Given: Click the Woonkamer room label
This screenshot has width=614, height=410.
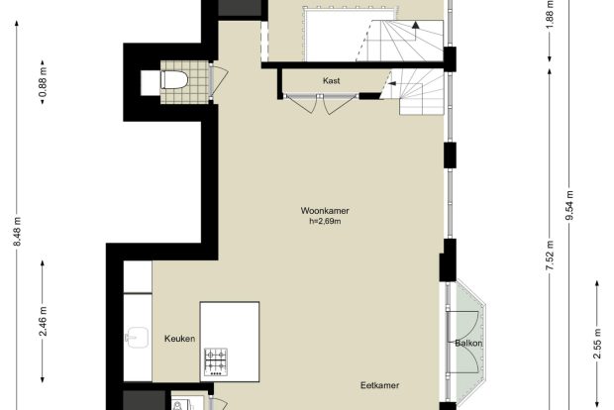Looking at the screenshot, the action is click(325, 211).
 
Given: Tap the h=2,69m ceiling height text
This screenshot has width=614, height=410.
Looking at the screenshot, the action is click(325, 221).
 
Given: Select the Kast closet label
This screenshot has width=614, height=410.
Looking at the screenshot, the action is click(332, 80).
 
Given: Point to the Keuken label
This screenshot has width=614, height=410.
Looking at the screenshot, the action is click(179, 339).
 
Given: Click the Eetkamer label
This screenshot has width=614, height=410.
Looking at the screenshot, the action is click(380, 385).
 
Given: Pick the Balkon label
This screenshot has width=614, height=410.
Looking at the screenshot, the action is click(468, 344).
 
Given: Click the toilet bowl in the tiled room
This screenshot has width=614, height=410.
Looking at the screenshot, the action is click(174, 80).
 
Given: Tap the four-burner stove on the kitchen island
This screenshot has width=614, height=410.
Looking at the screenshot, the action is click(216, 362).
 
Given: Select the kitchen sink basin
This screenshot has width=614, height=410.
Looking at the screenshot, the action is click(137, 337).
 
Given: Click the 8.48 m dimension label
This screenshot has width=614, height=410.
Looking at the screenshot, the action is click(17, 232).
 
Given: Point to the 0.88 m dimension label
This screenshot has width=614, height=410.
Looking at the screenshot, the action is click(43, 82).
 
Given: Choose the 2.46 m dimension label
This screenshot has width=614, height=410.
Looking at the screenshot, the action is click(43, 322).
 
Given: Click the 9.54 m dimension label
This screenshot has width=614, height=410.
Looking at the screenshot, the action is click(569, 205).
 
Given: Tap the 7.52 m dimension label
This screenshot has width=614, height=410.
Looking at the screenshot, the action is click(551, 255).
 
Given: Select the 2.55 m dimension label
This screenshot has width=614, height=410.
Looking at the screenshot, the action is click(597, 344).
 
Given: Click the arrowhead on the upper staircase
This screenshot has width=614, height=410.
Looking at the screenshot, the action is click(416, 25).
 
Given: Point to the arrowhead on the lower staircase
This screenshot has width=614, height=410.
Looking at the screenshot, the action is click(391, 83).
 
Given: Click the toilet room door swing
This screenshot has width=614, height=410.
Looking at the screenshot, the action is click(220, 80).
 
